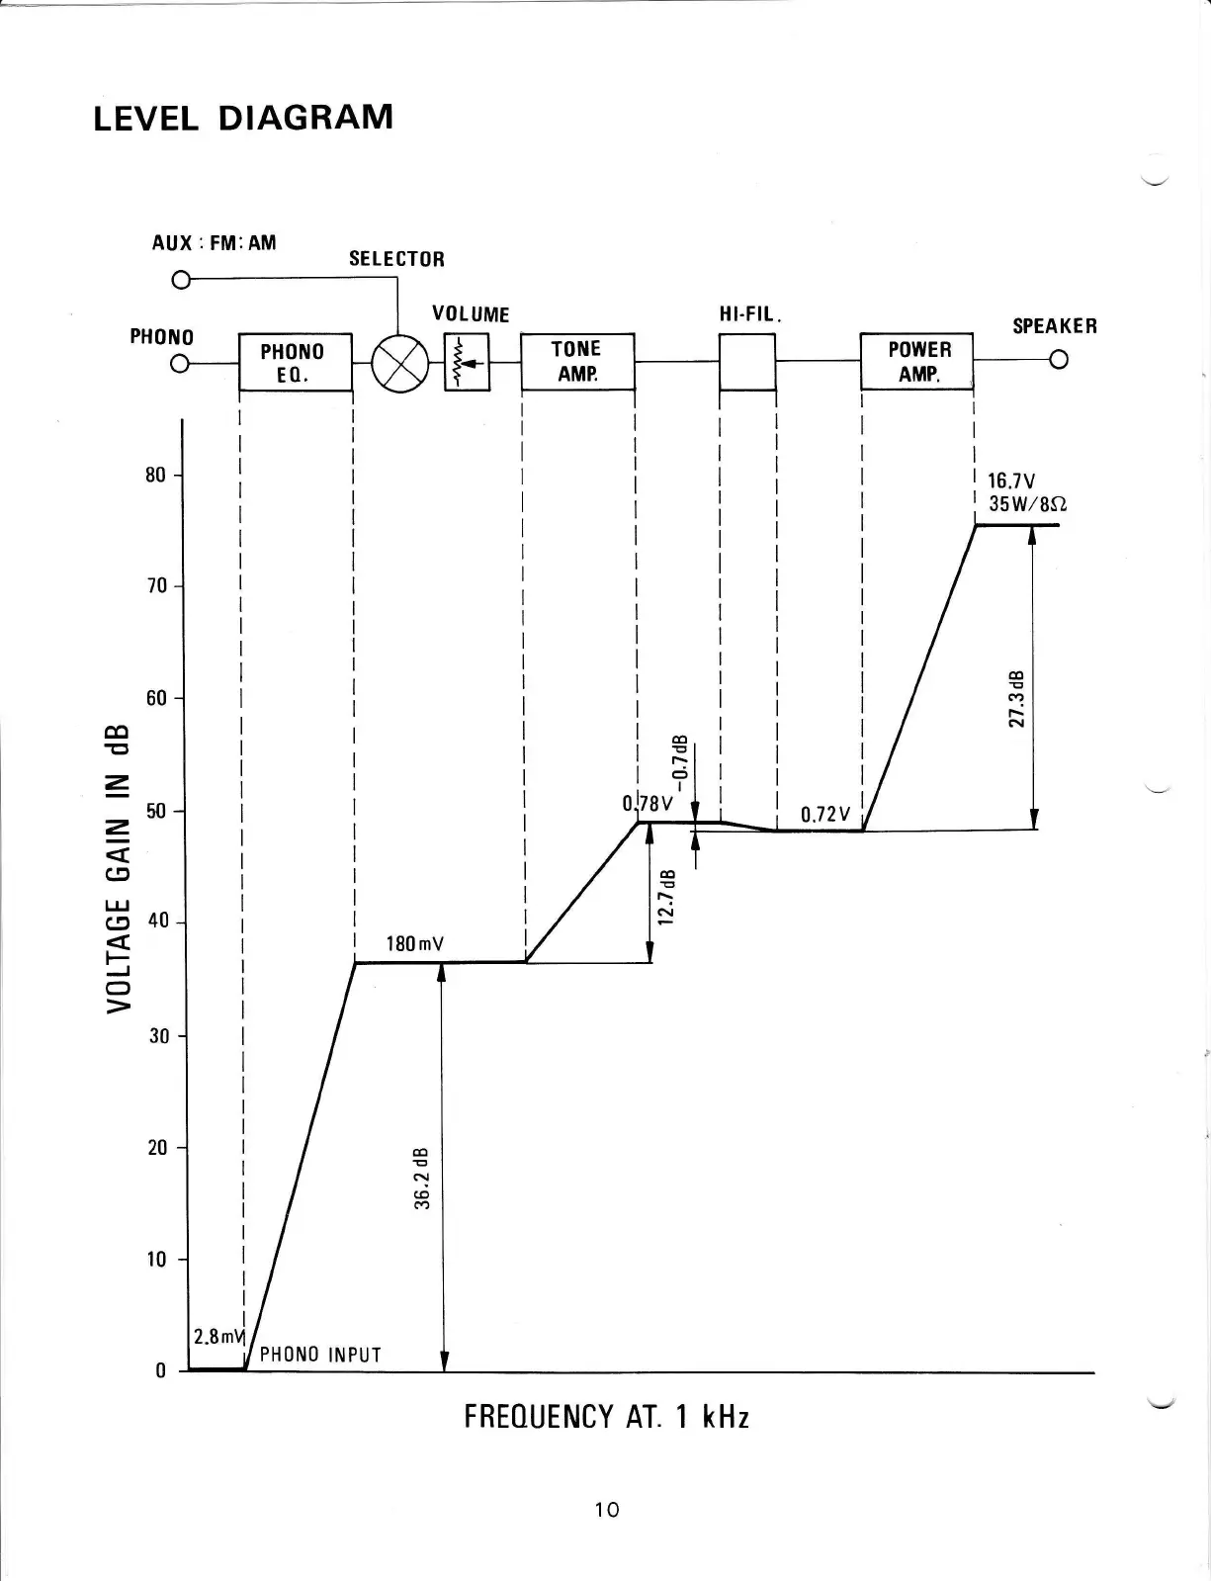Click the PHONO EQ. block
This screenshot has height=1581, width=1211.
(x=296, y=363)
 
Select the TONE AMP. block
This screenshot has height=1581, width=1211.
(x=577, y=361)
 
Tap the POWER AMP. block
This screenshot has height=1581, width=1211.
(x=917, y=362)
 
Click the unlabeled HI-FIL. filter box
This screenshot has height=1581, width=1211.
(x=747, y=362)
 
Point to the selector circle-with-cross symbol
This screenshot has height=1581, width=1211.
(x=398, y=364)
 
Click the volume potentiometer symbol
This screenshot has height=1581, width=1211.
(x=467, y=363)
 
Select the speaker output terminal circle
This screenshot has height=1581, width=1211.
(x=1059, y=360)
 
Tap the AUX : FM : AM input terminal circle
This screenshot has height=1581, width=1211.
(x=180, y=280)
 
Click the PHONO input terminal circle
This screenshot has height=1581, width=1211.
(x=180, y=364)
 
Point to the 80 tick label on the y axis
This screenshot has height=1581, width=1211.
(x=155, y=476)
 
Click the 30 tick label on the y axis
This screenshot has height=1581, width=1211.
(x=155, y=1037)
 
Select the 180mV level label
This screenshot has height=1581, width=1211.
(x=414, y=944)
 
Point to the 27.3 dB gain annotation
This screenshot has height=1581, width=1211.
(x=1015, y=699)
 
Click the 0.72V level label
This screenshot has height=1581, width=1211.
(x=824, y=815)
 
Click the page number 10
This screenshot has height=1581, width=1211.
(x=607, y=1510)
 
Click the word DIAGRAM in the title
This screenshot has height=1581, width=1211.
(x=304, y=118)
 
